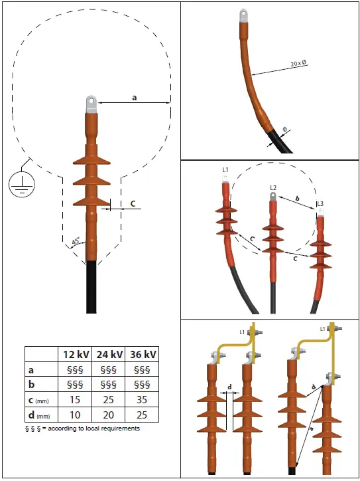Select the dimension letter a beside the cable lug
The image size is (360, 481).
click(135, 97)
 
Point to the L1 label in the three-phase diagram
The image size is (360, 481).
click(225, 171)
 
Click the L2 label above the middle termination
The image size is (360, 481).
click(272, 188)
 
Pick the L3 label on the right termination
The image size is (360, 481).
click(320, 203)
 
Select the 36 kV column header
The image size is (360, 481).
click(143, 353)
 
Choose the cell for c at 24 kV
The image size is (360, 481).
click(109, 399)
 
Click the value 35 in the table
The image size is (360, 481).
click(143, 399)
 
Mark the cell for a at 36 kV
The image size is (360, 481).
click(143, 369)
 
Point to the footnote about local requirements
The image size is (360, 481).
click(82, 429)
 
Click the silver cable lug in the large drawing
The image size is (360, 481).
click(91, 103)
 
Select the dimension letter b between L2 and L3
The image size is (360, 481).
click(298, 199)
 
